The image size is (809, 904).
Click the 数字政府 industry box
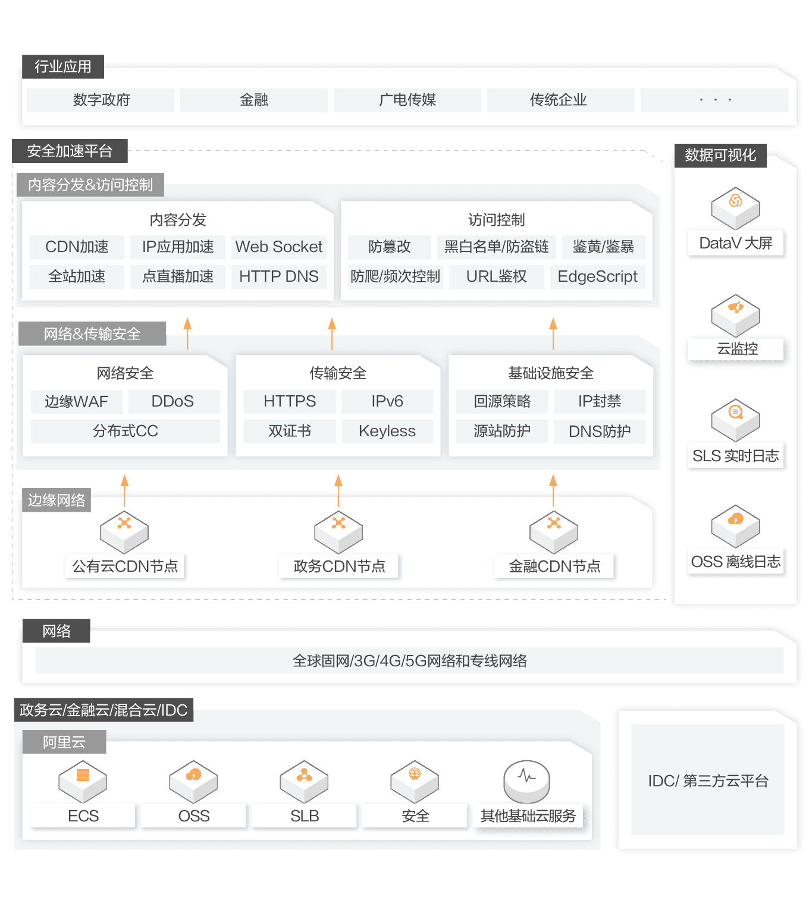[x=101, y=100]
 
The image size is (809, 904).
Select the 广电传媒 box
[x=407, y=100]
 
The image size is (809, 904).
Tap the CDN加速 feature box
[x=77, y=247]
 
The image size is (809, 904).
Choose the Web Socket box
[x=278, y=247]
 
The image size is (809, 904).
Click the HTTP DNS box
[x=278, y=276]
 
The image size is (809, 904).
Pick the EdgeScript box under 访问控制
[x=597, y=276]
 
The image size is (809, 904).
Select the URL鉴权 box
[x=496, y=276]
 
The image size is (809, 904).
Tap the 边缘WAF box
[x=77, y=402]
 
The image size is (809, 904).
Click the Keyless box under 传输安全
[x=387, y=431]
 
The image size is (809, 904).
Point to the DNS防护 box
[x=599, y=431]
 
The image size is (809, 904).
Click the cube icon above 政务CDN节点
[x=338, y=531]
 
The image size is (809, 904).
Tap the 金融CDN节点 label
[x=554, y=566]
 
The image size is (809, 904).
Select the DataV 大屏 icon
[x=736, y=208]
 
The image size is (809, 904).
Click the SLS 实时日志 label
[x=736, y=456]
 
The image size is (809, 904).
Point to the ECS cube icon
[x=83, y=781]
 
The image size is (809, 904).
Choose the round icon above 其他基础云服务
[x=526, y=781]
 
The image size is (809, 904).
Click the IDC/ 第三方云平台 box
[x=708, y=780]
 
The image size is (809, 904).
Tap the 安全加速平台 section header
[x=70, y=151]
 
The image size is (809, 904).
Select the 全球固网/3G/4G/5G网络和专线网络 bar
[x=409, y=661]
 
